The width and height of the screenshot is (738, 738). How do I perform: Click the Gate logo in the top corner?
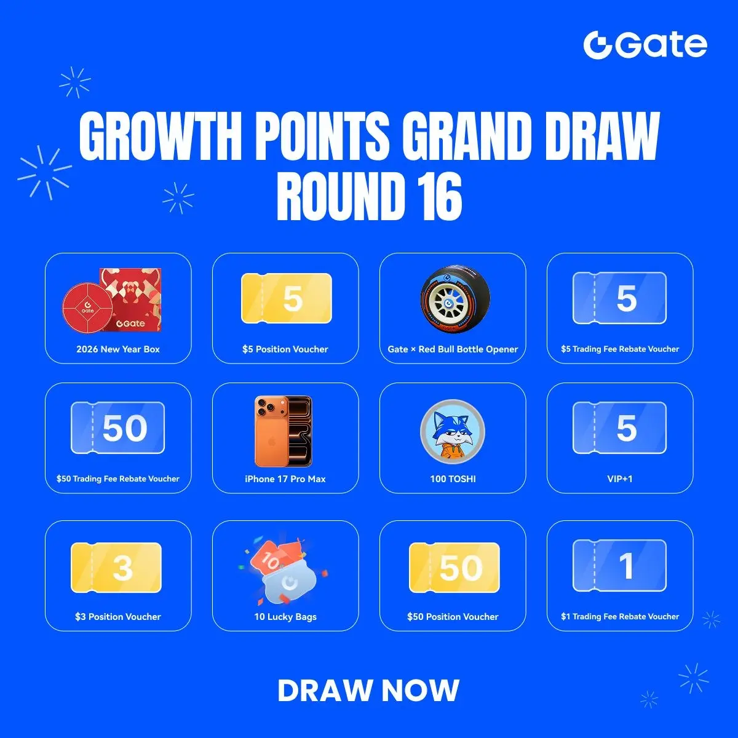(645, 45)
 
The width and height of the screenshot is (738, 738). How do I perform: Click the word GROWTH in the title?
(160, 137)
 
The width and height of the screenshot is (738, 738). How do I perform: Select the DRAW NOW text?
(368, 691)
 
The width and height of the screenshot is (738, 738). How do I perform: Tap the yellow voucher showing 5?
(287, 298)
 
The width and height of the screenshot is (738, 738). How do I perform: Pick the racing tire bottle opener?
(455, 299)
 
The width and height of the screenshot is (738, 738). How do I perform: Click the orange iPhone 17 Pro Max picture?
(284, 431)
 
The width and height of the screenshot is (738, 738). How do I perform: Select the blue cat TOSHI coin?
(453, 432)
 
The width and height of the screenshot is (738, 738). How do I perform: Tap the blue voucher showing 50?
(118, 427)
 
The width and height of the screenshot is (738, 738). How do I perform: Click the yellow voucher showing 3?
(116, 567)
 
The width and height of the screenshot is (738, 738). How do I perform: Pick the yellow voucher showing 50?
(454, 567)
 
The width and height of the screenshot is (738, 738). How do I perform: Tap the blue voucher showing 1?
(620, 565)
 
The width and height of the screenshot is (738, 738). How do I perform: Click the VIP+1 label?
(620, 478)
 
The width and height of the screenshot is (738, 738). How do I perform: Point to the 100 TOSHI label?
(453, 478)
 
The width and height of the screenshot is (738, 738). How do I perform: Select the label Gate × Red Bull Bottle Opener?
(453, 349)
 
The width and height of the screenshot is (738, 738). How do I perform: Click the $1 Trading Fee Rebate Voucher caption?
(620, 616)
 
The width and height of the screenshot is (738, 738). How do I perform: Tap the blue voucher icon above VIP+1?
(620, 427)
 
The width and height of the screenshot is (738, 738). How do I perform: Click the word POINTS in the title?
(322, 137)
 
